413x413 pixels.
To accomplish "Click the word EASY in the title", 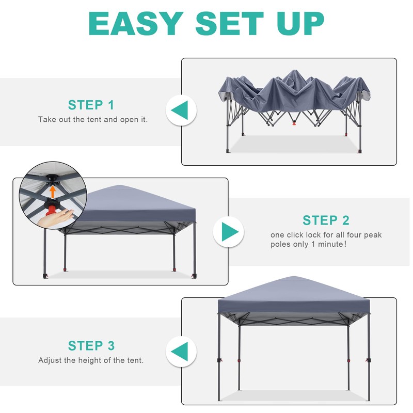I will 135,23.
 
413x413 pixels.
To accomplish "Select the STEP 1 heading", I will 91,105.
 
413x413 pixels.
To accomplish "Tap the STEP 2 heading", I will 326,220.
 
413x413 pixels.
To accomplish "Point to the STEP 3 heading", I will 91,345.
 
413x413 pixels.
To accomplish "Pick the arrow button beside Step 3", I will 181,353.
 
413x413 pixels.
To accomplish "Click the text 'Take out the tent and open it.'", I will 93,119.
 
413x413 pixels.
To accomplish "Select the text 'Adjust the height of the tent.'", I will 91,360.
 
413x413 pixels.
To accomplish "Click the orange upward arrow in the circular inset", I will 52,192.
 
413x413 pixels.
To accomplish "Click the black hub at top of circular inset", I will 52,181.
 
